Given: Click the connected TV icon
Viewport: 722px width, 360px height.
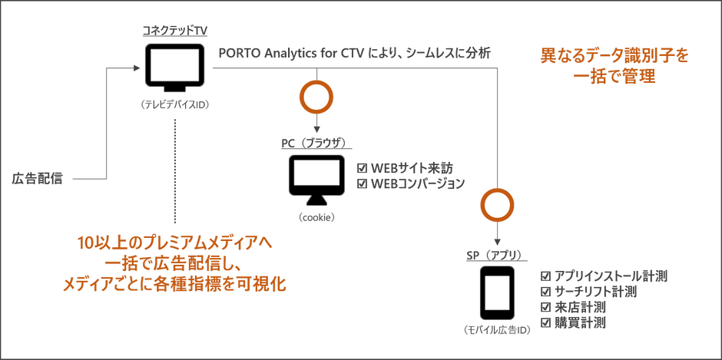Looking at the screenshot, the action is coord(174,68).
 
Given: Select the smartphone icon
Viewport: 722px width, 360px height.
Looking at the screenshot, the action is coord(497,292).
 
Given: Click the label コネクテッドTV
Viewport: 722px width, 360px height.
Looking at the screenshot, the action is coord(174,31).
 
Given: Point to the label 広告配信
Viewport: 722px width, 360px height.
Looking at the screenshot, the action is coord(38,178).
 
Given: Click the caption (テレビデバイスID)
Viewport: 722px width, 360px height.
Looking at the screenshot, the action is coord(175,105).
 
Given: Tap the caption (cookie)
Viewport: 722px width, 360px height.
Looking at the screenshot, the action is coord(316,217).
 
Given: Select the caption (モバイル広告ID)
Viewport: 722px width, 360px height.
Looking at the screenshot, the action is coord(497,330).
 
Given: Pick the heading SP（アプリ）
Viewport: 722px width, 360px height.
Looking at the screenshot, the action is coord(496,255).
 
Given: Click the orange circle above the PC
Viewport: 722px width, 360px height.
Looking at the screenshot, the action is coord(316,97).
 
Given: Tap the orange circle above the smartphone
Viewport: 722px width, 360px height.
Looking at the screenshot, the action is coord(497,205).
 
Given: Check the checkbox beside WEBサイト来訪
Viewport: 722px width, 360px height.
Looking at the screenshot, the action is coord(363,167).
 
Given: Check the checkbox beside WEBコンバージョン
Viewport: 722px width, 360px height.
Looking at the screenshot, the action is coord(363,183).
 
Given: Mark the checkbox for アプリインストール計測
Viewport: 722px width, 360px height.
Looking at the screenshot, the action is coord(545,276).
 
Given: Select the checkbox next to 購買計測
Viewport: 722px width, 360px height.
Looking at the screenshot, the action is coord(545,322).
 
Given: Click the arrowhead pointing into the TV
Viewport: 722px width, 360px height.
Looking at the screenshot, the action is coord(136,68).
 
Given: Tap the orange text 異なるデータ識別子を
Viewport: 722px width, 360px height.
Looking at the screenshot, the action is coord(614,57).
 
